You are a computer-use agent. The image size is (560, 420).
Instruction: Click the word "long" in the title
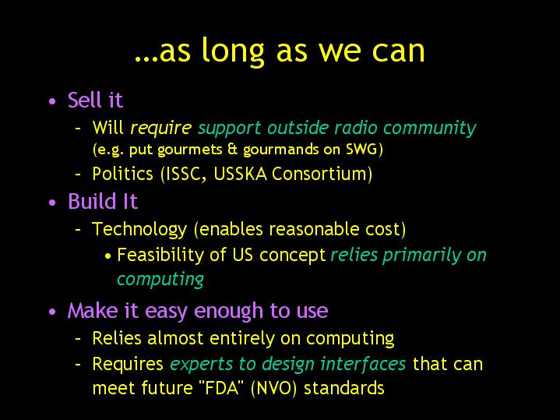coord(233,51)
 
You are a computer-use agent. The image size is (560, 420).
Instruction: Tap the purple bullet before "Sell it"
coord(52,101)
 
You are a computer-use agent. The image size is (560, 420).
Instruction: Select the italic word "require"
coord(160,129)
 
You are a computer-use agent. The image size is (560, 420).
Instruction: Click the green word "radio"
coord(356,128)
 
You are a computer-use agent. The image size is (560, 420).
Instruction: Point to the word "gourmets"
coord(190,150)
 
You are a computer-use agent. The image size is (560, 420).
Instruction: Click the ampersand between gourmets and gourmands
coord(233,149)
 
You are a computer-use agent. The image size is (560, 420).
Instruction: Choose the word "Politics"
coord(122,174)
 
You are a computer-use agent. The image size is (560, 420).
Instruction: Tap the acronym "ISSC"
coord(183,175)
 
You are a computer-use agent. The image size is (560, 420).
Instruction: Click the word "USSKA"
coord(241,174)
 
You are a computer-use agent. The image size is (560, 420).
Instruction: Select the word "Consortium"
coord(319,174)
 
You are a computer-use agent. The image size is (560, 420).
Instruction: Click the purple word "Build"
coord(93,201)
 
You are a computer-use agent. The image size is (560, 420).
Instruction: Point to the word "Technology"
coord(139,230)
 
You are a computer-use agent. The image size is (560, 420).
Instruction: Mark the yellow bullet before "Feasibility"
coord(108,256)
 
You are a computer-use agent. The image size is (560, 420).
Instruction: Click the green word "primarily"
coord(421,256)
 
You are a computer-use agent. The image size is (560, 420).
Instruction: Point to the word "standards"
coord(344,388)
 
